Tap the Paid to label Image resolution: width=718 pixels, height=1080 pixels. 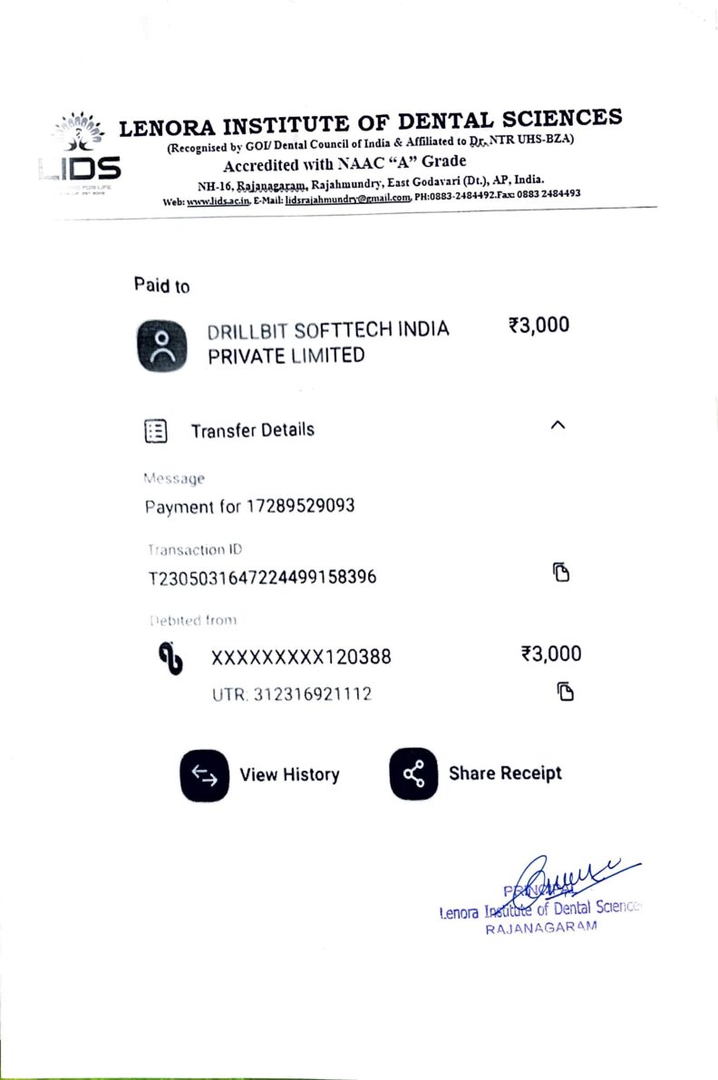pos(162,286)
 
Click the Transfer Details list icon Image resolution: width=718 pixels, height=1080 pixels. pos(156,431)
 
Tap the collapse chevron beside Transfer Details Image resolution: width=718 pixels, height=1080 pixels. pos(558,425)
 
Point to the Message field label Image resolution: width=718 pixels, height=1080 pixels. pos(174,478)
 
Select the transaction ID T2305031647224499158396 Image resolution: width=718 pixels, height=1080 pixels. pos(262,578)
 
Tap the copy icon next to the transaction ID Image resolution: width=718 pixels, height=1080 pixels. pos(561,572)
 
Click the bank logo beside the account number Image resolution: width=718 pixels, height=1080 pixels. pos(170,657)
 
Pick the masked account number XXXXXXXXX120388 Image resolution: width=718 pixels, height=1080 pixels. pos(301,657)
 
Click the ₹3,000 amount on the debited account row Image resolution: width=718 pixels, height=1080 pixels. pos(551,654)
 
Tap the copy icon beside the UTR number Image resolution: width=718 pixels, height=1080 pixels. pos(565,691)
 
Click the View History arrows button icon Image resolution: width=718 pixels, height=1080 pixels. pos(205,775)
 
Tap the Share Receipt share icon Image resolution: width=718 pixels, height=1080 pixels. pos(413,774)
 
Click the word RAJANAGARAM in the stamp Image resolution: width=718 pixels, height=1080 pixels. pos(541,928)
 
